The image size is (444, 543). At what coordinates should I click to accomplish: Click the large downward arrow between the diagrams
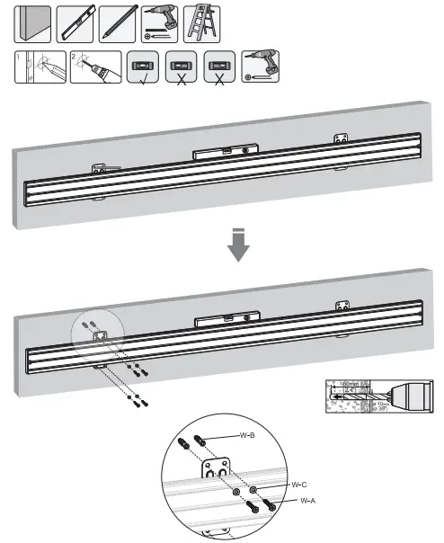click(x=236, y=246)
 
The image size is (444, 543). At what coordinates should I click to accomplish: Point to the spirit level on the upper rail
click(x=226, y=151)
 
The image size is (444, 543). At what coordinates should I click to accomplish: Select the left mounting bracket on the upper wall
click(x=101, y=169)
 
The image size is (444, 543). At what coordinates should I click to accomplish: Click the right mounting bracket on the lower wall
click(x=341, y=308)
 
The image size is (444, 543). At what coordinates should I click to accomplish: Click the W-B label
click(x=248, y=434)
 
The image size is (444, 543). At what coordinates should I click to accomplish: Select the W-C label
click(x=300, y=484)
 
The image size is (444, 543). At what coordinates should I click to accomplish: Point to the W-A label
click(x=306, y=500)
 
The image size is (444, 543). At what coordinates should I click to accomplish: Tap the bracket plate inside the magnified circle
click(x=216, y=471)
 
